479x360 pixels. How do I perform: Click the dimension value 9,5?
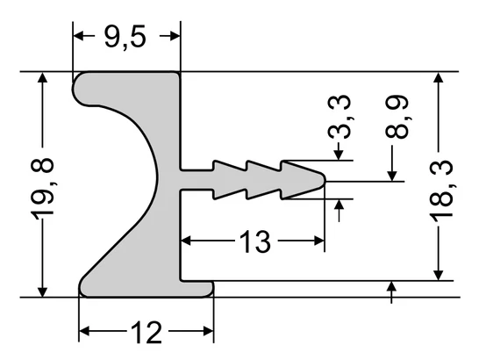pyautogui.click(x=126, y=36)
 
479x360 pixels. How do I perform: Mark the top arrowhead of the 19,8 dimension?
pyautogui.click(x=42, y=79)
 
